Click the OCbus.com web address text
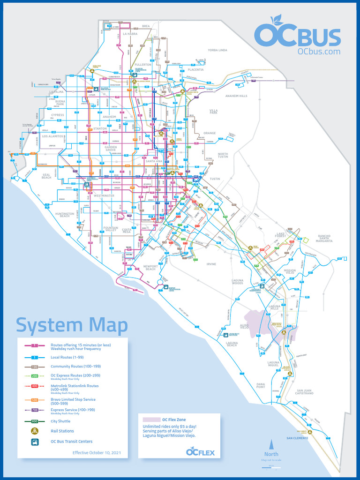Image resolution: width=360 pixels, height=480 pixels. (x=319, y=52)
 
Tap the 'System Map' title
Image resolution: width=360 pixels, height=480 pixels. (x=72, y=325)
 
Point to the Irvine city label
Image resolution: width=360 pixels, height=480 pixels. (x=211, y=264)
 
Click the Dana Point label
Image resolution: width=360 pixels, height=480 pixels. (x=261, y=385)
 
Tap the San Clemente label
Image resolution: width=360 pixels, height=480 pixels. (x=297, y=438)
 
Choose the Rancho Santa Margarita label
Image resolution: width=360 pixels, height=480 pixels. (x=324, y=238)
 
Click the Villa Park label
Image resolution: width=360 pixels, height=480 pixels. (x=213, y=112)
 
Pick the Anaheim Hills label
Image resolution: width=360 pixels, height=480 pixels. (x=236, y=96)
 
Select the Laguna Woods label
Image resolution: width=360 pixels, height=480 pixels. (x=238, y=282)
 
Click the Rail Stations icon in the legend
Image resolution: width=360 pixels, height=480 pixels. (x=35, y=431)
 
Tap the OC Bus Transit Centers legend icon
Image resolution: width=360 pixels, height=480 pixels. (x=35, y=442)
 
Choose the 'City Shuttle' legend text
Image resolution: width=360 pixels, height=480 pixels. (x=60, y=421)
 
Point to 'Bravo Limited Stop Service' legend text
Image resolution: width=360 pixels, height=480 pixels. (x=73, y=399)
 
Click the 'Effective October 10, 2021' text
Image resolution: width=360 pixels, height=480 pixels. (x=97, y=453)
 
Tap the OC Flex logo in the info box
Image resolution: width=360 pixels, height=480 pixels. (x=200, y=452)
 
